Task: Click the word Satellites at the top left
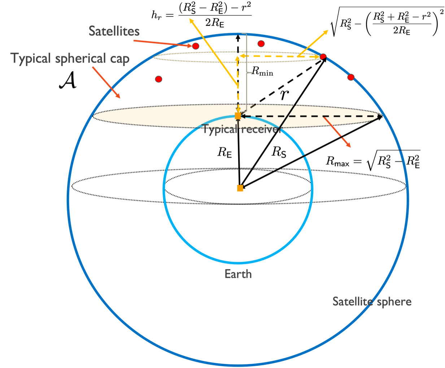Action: tap(114, 31)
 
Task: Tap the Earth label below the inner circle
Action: tap(238, 274)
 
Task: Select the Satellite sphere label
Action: tap(372, 302)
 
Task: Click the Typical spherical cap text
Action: tap(70, 59)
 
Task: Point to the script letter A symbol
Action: tap(68, 80)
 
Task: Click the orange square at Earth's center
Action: tap(240, 188)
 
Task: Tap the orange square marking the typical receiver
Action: tap(238, 116)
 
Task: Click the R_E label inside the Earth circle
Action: tap(224, 153)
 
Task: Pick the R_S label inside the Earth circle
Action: tap(279, 152)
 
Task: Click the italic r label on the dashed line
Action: tap(284, 95)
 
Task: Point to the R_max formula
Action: tap(373, 161)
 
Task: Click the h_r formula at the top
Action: tap(201, 16)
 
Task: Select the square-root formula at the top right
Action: tap(387, 22)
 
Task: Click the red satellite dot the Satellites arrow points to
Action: tap(196, 46)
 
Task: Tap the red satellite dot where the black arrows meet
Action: tap(323, 57)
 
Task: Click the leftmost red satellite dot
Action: tap(158, 79)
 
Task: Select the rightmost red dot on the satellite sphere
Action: tap(351, 77)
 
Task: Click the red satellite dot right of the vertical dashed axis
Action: tap(261, 44)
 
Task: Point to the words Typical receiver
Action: tap(241, 129)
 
